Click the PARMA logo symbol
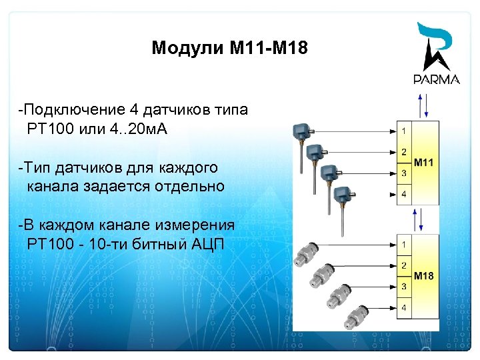437,47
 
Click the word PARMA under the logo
437,79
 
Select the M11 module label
424,162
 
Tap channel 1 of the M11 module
403,129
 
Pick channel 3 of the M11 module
403,173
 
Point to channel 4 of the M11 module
403,195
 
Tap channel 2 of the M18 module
403,266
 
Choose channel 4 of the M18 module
403,308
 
